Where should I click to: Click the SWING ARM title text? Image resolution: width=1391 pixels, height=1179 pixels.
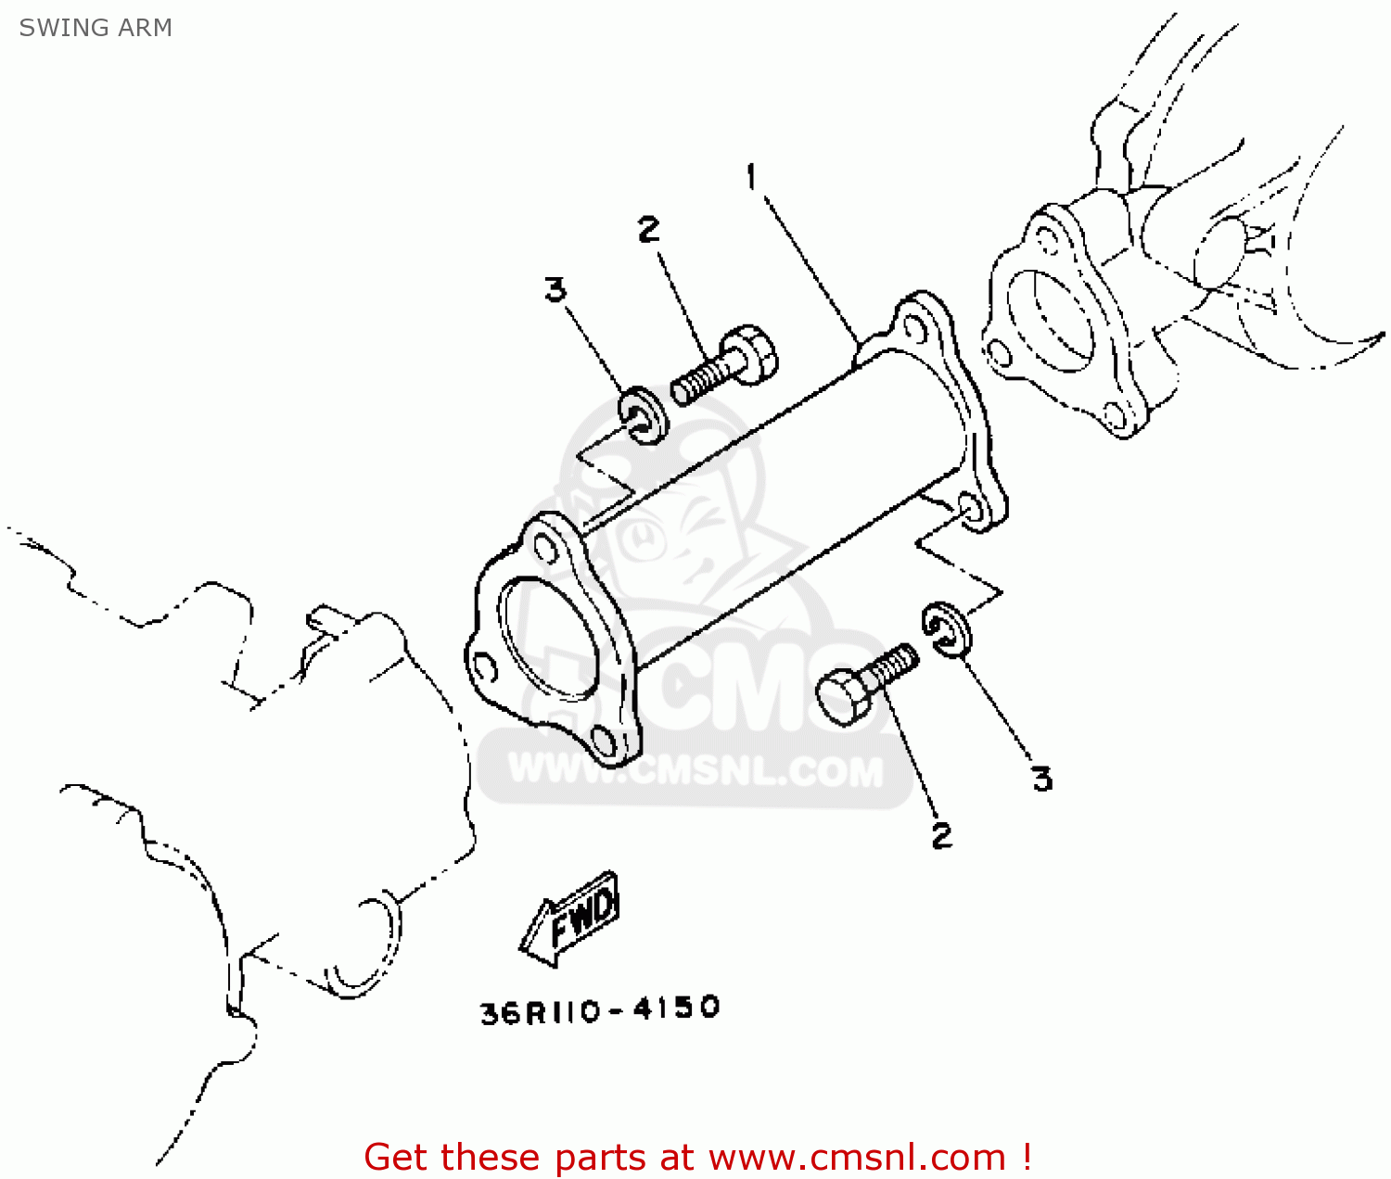click(96, 28)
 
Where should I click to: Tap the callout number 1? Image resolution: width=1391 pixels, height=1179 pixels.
click(752, 177)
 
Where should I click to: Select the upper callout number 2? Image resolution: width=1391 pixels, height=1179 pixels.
click(649, 229)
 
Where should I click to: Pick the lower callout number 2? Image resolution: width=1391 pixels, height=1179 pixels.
click(942, 835)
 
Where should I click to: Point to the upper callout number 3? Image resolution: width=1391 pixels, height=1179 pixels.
click(555, 290)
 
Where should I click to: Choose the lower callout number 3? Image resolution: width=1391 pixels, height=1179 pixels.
click(1042, 779)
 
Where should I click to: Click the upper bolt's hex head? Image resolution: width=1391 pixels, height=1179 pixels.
click(752, 354)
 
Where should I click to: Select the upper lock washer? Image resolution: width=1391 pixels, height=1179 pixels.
click(644, 415)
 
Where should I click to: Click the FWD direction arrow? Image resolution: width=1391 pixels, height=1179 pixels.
click(568, 919)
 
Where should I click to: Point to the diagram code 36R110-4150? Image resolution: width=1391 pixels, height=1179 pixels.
click(600, 1011)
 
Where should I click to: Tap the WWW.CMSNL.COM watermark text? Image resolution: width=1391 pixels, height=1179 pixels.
click(695, 771)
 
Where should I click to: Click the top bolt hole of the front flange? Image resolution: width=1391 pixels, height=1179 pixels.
click(544, 548)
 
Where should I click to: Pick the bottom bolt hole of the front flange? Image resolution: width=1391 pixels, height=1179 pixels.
click(604, 742)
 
